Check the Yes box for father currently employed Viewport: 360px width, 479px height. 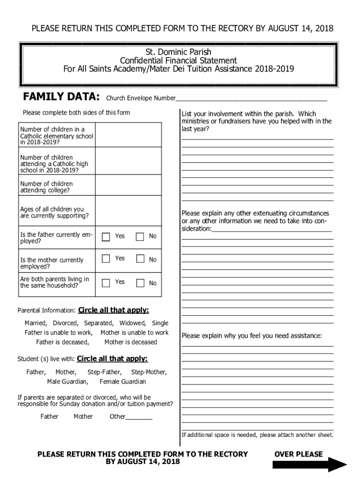pyautogui.click(x=106, y=237)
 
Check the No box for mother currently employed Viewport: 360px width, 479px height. pyautogui.click(x=140, y=259)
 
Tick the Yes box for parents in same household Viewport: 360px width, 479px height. pyautogui.click(x=106, y=283)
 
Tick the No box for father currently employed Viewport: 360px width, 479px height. pyautogui.click(x=140, y=237)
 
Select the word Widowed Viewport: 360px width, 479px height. pyautogui.click(x=133, y=323)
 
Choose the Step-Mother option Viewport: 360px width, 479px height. pyautogui.click(x=149, y=372)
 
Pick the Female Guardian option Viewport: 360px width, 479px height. pyautogui.click(x=122, y=382)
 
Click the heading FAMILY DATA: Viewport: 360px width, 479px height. pyautogui.click(x=61, y=97)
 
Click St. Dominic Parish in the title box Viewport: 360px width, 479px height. pyautogui.click(x=179, y=52)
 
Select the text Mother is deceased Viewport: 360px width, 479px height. pyautogui.click(x=130, y=342)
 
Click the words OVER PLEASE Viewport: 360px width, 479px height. pyautogui.click(x=298, y=454)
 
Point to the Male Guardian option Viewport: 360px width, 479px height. pyautogui.click(x=67, y=382)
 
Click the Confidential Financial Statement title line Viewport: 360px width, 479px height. pyautogui.click(x=179, y=60)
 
